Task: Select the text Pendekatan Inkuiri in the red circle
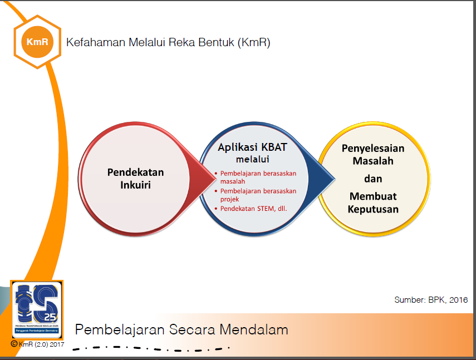(135, 178)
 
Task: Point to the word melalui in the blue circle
(252, 160)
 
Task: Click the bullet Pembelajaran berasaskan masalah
(258, 177)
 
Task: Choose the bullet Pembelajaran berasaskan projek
(258, 195)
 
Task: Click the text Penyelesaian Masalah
(373, 155)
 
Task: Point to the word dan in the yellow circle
(373, 179)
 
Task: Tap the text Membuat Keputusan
(374, 203)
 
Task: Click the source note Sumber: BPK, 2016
(430, 300)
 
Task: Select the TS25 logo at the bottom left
(37, 309)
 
